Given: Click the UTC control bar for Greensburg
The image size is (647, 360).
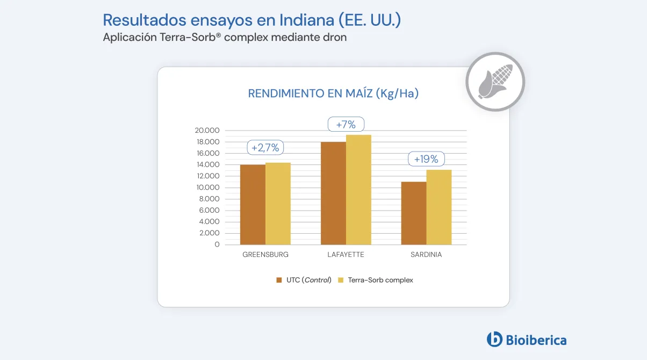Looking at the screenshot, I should tap(253, 205).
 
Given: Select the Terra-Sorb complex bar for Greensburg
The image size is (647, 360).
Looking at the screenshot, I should tap(278, 204).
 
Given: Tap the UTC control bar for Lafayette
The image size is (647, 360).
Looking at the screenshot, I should tap(333, 193).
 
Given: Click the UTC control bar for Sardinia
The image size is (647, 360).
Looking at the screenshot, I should tap(413, 213).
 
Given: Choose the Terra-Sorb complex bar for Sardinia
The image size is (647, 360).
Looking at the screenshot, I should tap(438, 207).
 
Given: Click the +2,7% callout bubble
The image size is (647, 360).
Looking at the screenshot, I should tap(265, 148).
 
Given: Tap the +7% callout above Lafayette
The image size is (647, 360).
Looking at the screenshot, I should tap(346, 125).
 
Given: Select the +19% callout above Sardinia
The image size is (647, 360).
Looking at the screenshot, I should tap(426, 159).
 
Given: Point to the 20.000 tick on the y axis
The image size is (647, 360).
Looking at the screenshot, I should tap(207, 131).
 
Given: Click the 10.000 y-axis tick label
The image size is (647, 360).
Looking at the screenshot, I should tap(207, 188).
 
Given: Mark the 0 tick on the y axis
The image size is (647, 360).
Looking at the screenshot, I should tap(217, 244).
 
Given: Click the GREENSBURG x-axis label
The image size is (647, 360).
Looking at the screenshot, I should tap(265, 255).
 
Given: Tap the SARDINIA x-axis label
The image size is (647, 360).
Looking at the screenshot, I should tap(426, 255).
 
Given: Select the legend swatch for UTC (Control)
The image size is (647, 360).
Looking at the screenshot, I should tap(279, 280).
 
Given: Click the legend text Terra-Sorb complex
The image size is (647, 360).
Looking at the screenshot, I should tap(380, 280).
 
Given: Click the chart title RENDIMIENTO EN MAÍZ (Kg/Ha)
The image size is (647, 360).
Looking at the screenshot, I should tap(333, 93).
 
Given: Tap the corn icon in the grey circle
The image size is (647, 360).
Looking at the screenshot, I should tap(495, 82).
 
